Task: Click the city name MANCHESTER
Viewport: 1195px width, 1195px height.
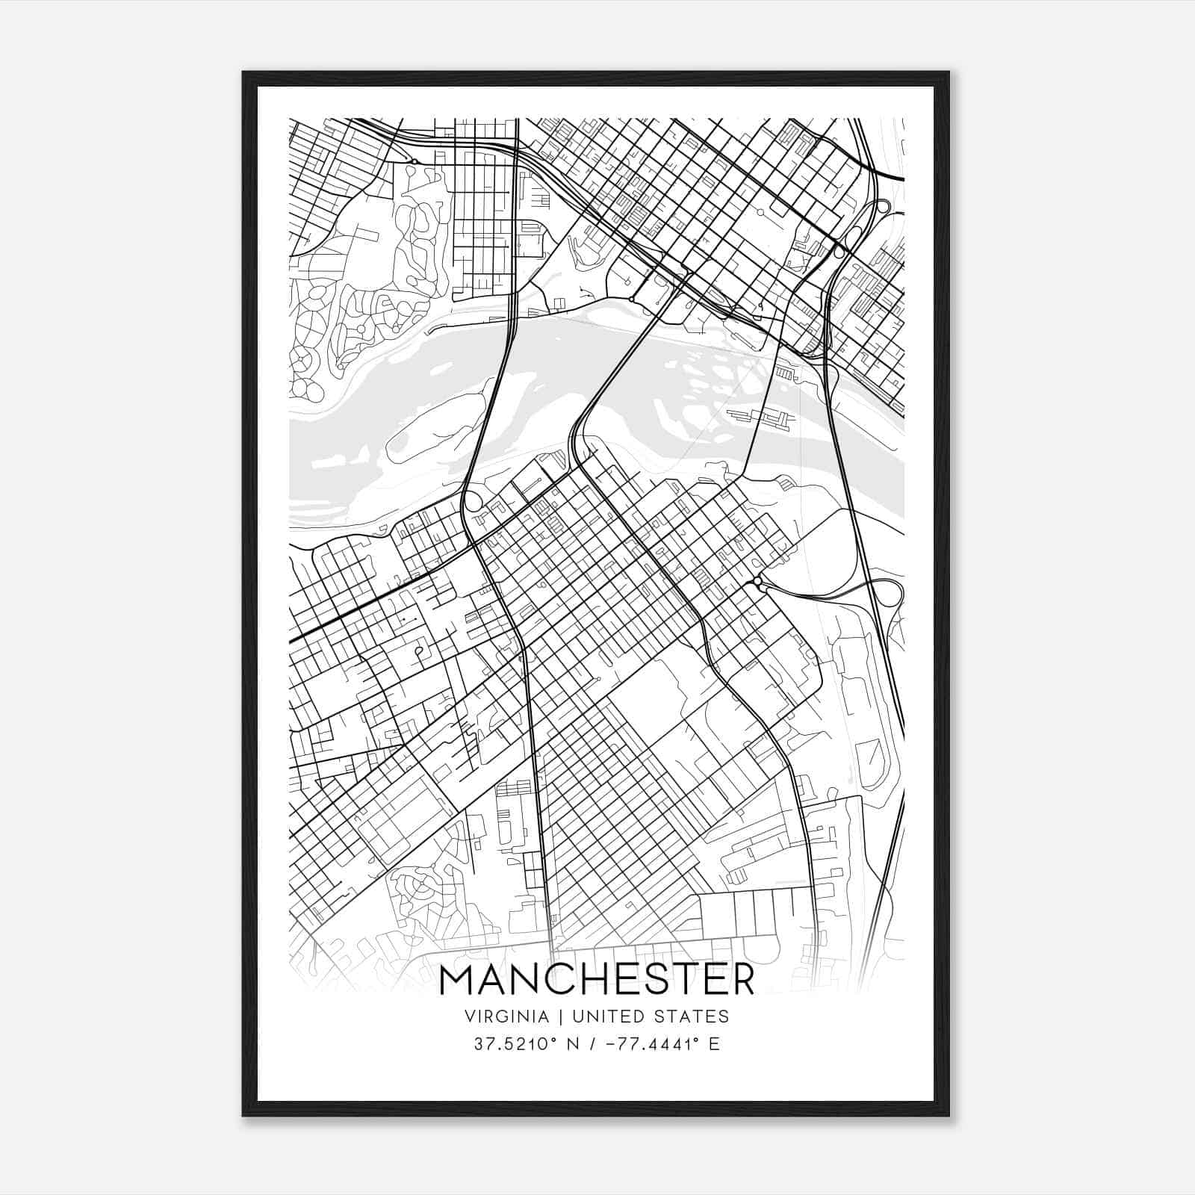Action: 597,981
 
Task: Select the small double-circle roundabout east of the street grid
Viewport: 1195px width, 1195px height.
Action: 757,580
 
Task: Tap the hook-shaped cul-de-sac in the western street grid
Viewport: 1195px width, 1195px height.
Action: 420,653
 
